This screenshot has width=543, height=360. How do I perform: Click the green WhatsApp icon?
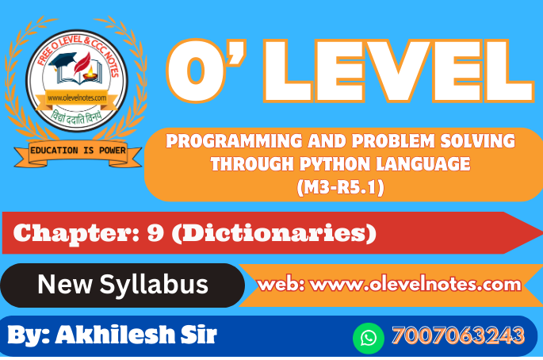click(x=369, y=338)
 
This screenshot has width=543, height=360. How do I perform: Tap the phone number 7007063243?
click(x=458, y=335)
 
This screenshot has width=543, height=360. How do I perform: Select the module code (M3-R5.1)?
click(x=340, y=187)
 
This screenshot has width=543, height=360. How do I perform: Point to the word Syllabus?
click(x=154, y=285)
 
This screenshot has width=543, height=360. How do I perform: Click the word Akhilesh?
click(x=114, y=335)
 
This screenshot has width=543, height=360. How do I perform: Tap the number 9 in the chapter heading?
click(x=155, y=232)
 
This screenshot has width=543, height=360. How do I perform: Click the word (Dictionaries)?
click(x=274, y=233)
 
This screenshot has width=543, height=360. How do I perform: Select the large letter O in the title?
click(x=197, y=71)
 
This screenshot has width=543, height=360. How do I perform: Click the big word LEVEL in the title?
click(x=399, y=71)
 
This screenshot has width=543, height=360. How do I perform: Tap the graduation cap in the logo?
click(x=62, y=61)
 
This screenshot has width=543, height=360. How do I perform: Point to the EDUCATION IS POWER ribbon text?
click(x=78, y=151)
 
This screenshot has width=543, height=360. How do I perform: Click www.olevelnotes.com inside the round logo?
click(x=77, y=98)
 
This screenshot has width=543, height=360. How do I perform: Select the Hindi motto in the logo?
click(x=77, y=117)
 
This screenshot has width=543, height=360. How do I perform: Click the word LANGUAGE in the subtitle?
click(x=423, y=164)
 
